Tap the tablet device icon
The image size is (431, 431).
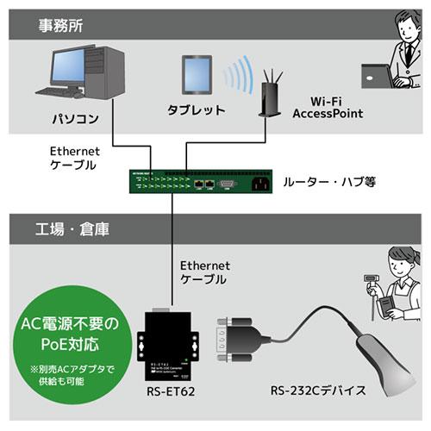(197, 77)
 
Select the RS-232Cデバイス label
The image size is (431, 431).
(321, 391)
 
